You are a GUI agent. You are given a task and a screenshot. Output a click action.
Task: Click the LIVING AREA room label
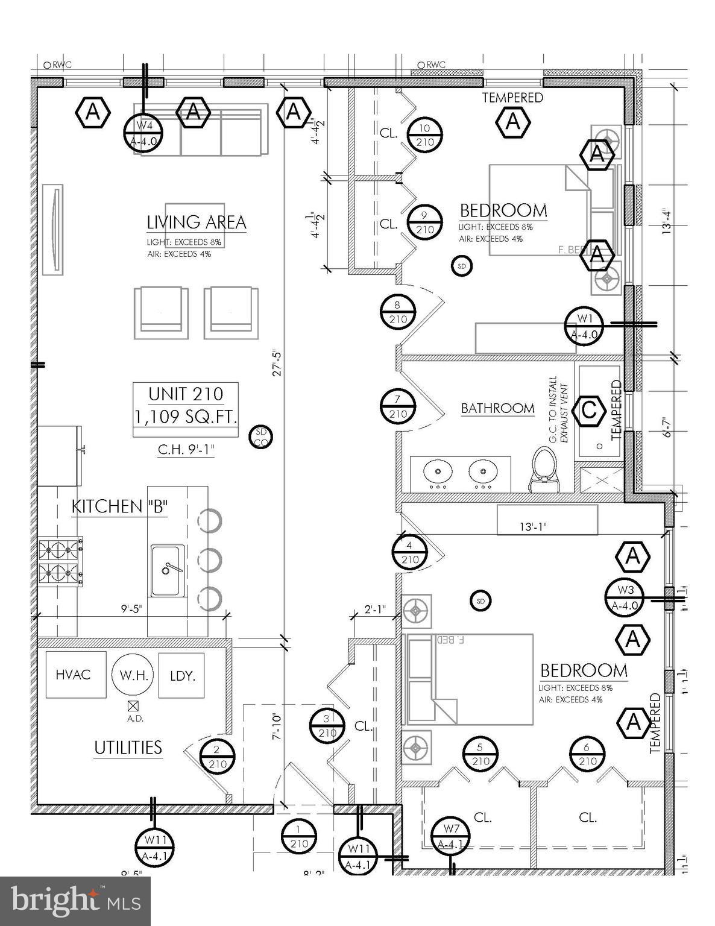(197, 222)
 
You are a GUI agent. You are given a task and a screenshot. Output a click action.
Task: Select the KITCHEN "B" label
(119, 506)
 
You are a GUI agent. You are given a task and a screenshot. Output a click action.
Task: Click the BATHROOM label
(497, 408)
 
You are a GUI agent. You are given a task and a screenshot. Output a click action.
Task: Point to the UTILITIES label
(128, 748)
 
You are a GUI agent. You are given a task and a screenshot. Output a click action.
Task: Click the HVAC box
(73, 674)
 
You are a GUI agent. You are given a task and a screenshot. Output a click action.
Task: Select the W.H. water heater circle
(133, 675)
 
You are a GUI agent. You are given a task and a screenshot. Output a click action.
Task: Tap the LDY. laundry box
(182, 676)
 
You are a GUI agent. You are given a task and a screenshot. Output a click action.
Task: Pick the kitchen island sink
(167, 570)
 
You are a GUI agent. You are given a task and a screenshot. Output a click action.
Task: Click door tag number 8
(397, 312)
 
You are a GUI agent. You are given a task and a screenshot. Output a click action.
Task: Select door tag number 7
(397, 407)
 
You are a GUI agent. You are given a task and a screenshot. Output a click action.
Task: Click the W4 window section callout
(143, 133)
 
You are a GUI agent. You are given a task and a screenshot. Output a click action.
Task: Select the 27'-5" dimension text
(277, 362)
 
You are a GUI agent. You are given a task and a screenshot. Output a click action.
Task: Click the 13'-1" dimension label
(533, 527)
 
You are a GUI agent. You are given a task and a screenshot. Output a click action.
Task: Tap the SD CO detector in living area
(261, 437)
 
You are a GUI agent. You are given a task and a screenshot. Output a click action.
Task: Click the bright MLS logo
(75, 901)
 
